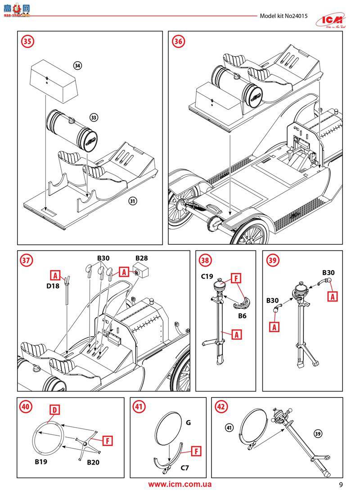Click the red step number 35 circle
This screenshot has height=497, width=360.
click(28, 41)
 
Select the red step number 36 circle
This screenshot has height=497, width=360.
click(179, 41)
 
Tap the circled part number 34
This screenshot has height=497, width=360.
click(78, 66)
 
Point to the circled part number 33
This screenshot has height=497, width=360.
click(94, 117)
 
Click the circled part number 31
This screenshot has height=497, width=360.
click(132, 201)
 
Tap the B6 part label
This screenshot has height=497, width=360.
click(242, 316)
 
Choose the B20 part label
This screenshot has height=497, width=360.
click(93, 462)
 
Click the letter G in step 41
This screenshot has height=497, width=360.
click(188, 423)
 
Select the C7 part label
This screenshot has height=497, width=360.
click(184, 468)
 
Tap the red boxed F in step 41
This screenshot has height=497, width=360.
click(196, 450)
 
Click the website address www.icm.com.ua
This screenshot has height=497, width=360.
click(180, 484)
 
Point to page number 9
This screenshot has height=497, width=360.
click(341, 485)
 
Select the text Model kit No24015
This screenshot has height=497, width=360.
click(283, 16)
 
